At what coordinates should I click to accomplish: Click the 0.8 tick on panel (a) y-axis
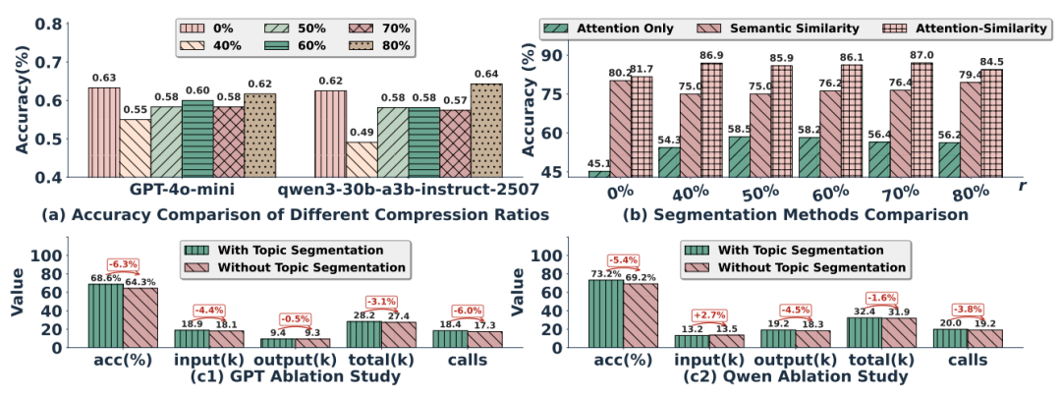(57, 24)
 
